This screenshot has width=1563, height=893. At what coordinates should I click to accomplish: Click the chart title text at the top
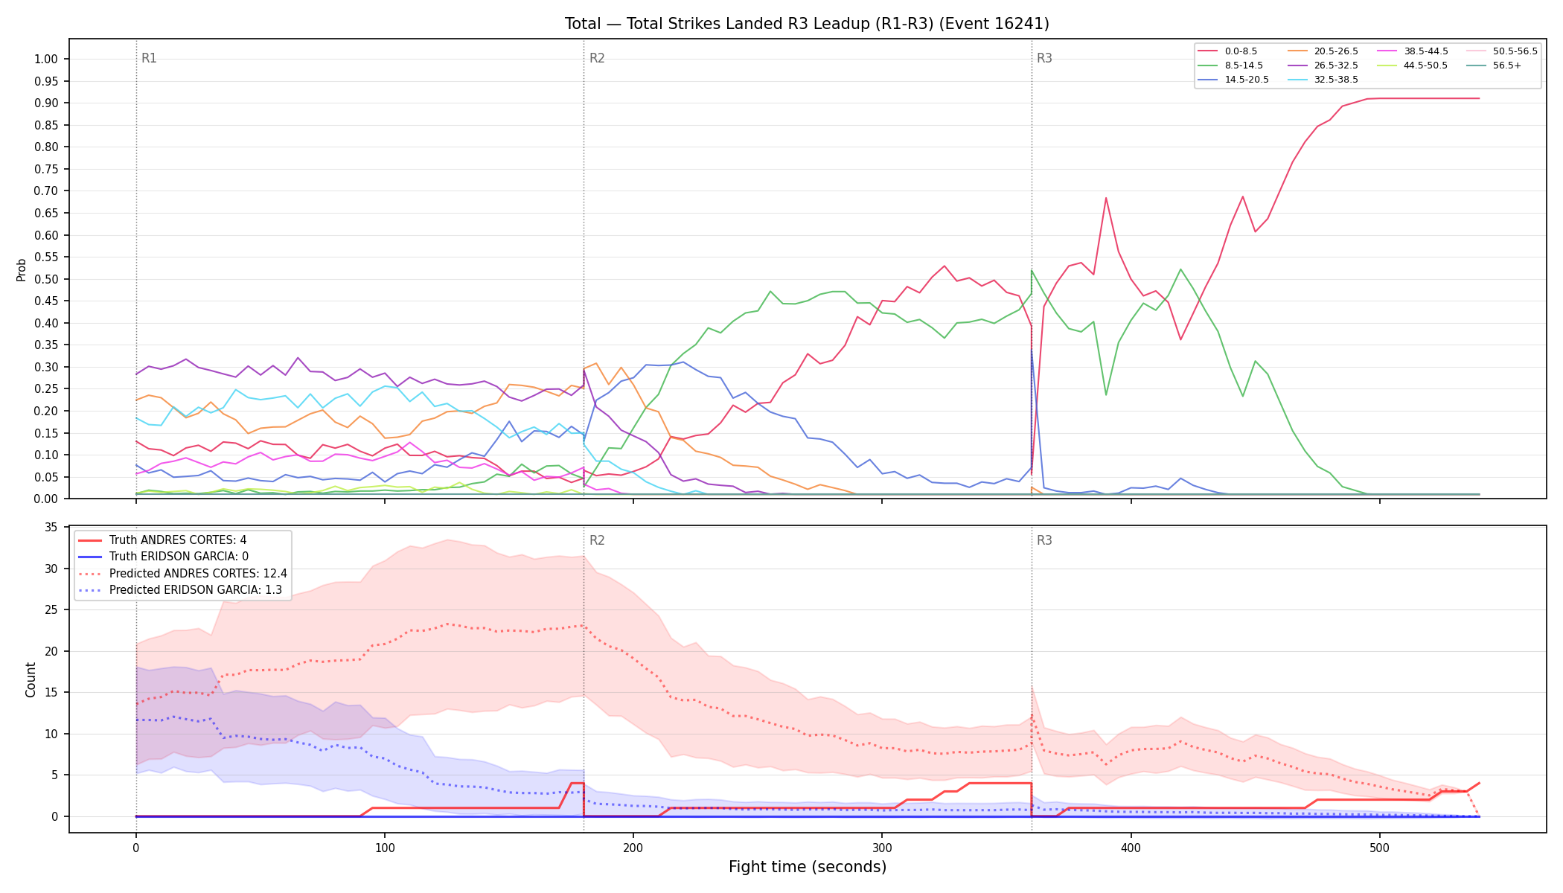click(x=807, y=24)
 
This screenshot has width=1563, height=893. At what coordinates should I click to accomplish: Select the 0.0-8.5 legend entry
click(x=1227, y=51)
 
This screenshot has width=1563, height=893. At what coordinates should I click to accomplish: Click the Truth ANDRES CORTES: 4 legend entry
click(x=163, y=540)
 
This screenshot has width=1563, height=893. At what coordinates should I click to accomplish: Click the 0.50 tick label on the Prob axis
click(x=46, y=279)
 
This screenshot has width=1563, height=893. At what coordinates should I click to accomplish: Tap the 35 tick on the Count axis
click(x=51, y=528)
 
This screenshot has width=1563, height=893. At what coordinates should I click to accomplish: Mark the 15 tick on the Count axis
click(x=51, y=693)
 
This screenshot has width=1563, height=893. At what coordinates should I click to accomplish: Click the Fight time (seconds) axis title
click(x=808, y=867)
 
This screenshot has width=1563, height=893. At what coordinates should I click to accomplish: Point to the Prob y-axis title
click(x=22, y=269)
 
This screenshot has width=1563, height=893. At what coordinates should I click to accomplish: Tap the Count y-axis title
click(x=31, y=679)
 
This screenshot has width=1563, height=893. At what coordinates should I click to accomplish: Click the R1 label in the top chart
click(x=149, y=58)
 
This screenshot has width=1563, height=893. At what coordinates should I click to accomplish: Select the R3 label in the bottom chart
click(x=1044, y=540)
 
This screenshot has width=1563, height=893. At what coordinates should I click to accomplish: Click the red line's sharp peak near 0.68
click(x=1106, y=198)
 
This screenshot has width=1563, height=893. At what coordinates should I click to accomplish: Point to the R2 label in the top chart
click(x=597, y=58)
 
